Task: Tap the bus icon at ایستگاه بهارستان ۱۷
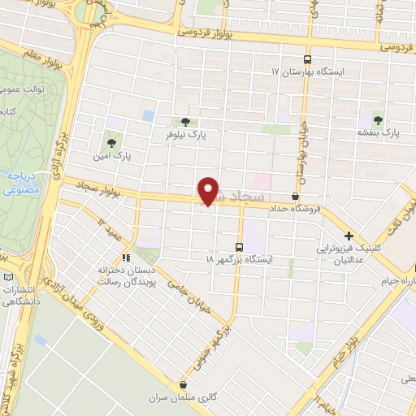tap(307, 59)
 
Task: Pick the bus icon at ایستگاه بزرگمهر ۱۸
tap(239, 247)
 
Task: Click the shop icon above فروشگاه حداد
tap(294, 197)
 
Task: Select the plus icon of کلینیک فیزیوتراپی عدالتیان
tap(349, 235)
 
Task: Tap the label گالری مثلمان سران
tap(179, 398)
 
